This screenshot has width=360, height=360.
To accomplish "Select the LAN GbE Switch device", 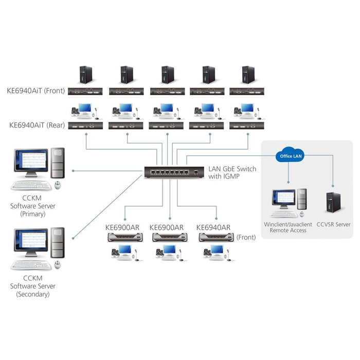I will click(173, 171).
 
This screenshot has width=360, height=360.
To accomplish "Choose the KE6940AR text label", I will click(213, 227).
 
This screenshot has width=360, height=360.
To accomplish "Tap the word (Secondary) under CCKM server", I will click(33, 295).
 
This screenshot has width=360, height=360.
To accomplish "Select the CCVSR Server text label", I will click(333, 225).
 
